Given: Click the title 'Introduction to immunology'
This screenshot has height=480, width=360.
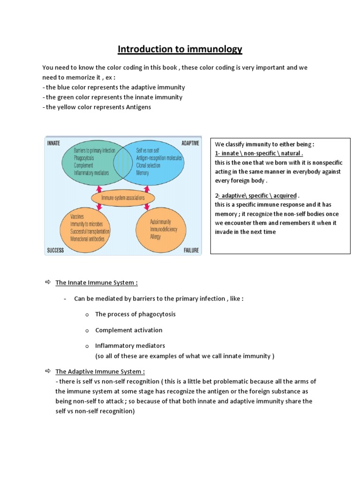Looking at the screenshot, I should [180, 49].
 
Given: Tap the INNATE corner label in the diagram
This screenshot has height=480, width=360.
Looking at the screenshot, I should [53, 143].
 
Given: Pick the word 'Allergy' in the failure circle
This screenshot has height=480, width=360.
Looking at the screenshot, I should [155, 237].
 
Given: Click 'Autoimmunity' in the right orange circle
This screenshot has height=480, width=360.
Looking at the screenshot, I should [160, 221].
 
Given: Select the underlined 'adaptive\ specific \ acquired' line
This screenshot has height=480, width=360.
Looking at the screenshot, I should [258, 195].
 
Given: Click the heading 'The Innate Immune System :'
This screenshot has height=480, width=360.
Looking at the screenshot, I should [97, 283].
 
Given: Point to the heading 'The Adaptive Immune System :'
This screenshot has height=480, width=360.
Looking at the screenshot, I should [100, 372].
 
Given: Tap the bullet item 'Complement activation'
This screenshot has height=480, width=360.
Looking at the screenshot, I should [128, 330].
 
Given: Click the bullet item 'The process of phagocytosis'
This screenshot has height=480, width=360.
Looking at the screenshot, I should [135, 314].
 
